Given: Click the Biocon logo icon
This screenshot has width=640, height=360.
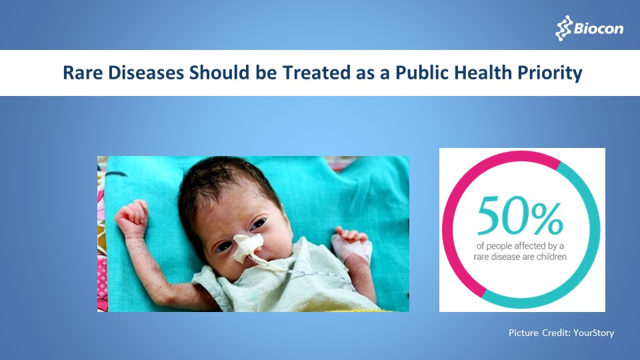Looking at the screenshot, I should (x=564, y=29).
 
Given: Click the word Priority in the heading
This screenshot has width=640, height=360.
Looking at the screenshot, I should (x=553, y=73).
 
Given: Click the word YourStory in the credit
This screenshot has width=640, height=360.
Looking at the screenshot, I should (x=592, y=332).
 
